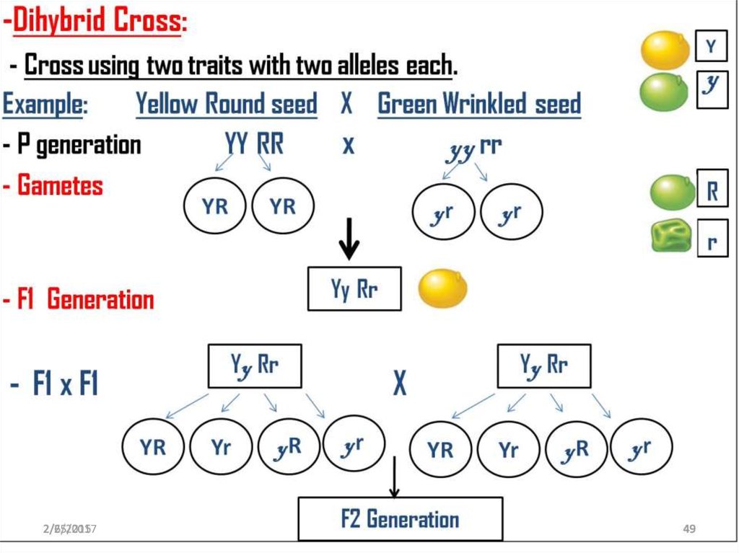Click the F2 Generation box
[400, 519]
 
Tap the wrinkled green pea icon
[671, 238]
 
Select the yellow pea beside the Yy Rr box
[442, 288]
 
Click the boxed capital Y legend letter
[712, 47]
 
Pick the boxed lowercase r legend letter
[712, 240]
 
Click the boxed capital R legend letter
[712, 191]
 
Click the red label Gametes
[60, 186]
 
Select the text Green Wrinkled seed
[479, 105]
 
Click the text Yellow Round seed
[227, 105]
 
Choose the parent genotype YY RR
[254, 144]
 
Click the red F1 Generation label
[85, 299]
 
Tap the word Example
[45, 105]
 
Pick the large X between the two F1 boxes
[399, 384]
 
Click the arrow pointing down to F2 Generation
[394, 478]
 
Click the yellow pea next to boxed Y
[665, 49]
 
